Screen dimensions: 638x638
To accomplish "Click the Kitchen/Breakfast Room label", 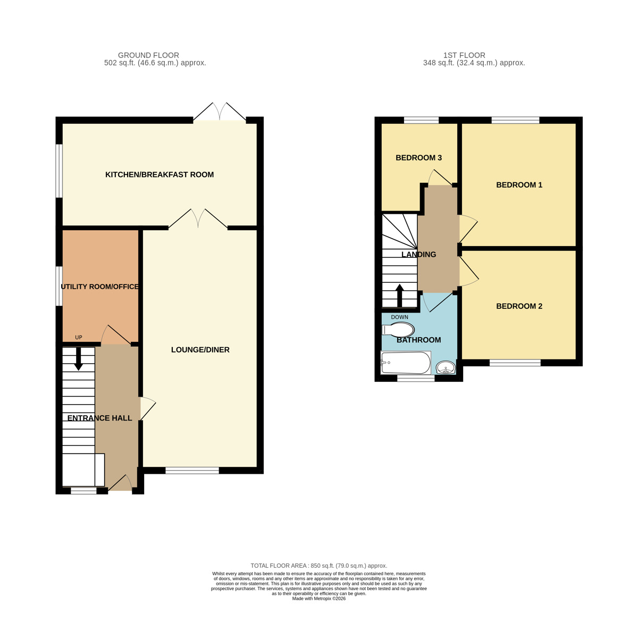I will tap(159, 174).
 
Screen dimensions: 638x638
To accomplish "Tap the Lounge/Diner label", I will tap(200, 350).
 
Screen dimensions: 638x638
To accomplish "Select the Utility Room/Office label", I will tap(100, 287).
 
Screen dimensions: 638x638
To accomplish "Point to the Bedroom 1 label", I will tap(519, 185).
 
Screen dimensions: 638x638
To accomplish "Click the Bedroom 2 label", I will tap(519, 306).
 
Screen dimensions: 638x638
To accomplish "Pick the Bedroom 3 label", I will tap(418, 158).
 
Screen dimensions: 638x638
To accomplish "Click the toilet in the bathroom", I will tap(399, 330).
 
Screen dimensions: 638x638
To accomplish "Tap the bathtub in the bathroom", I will tap(406, 364).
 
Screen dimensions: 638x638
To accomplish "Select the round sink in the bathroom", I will tap(446, 367).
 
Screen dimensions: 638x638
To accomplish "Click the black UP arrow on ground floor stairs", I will tap(79, 359).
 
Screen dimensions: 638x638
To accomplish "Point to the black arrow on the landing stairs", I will tap(400, 296).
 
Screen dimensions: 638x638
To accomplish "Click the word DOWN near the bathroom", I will tap(400, 317).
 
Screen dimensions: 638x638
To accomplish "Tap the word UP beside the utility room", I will tap(79, 338).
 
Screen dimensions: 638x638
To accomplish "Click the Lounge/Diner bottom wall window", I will tap(192, 471).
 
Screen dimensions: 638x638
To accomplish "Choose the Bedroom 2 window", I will tap(515, 363).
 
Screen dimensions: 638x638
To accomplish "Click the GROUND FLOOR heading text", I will tap(148, 55).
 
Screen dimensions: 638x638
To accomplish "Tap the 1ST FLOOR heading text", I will tap(464, 55).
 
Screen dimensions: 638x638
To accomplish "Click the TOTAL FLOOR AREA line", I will tap(319, 566).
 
